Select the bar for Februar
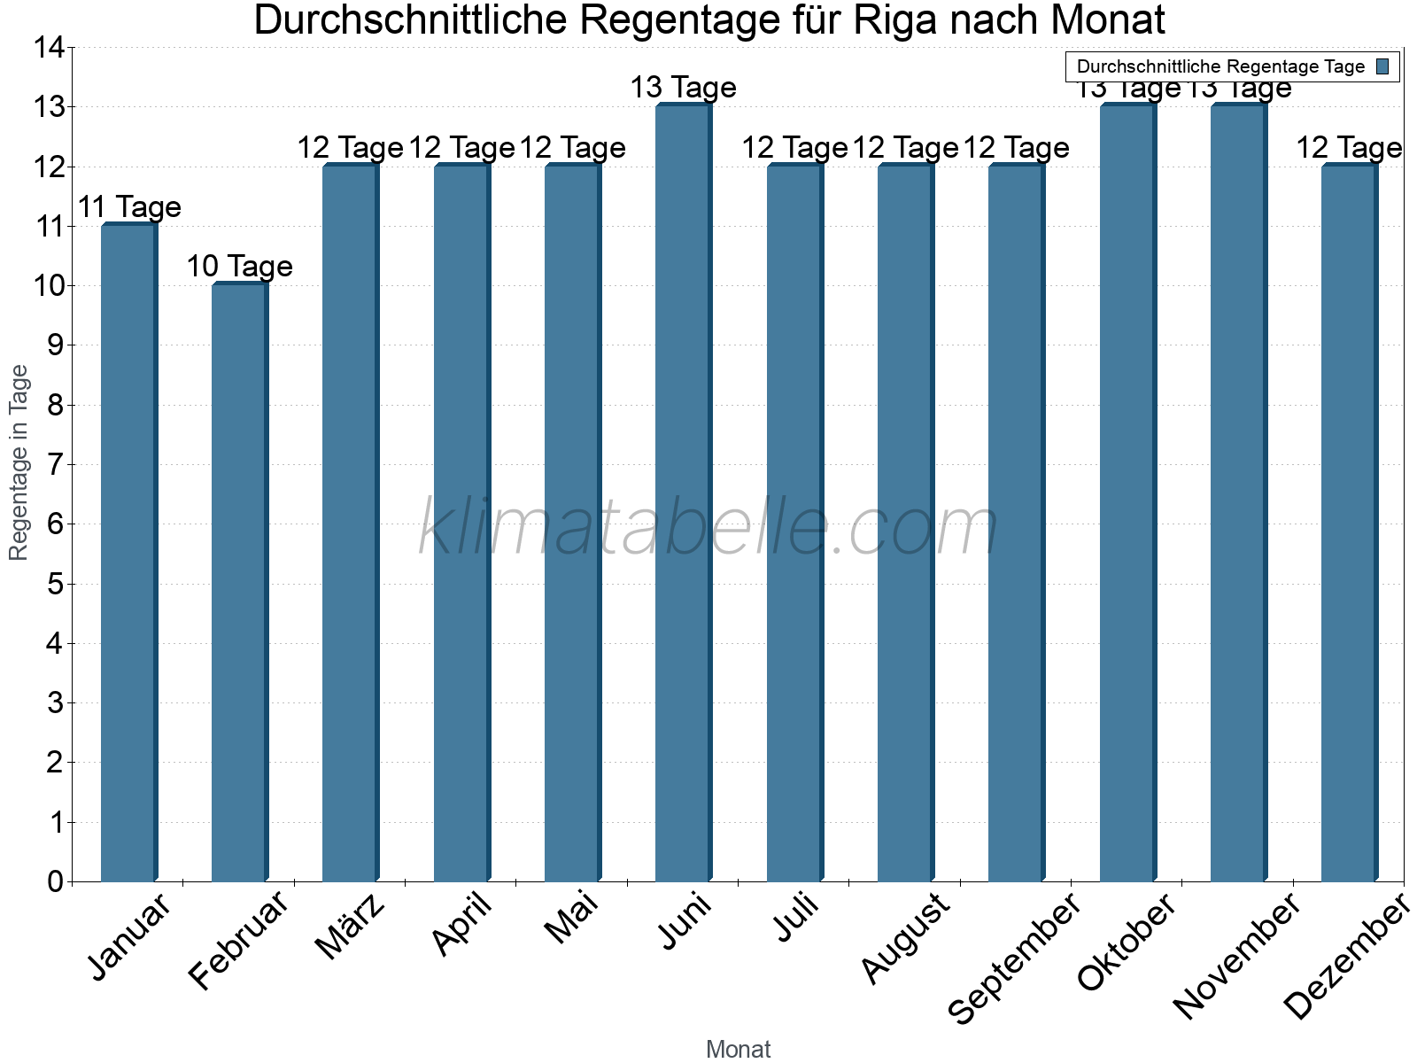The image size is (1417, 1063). tap(239, 585)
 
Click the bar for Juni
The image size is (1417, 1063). tap(683, 496)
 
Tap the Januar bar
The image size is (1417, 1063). tap(128, 554)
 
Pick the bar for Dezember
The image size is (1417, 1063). tap(1349, 523)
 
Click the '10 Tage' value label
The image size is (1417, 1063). tap(239, 266)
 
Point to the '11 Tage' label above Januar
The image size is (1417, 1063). tap(129, 206)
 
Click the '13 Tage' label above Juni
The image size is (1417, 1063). tap(683, 87)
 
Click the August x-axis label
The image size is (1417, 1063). tap(906, 939)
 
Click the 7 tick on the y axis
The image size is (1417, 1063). tap(55, 464)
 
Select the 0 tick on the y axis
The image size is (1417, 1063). tap(55, 881)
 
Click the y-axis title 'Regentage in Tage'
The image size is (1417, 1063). tap(19, 462)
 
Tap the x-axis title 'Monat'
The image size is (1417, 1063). tap(738, 1049)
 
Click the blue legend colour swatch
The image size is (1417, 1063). tap(1382, 66)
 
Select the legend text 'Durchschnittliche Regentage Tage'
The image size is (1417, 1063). tap(1220, 66)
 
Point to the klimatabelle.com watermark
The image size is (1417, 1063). tap(708, 528)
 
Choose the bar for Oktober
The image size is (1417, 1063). tap(1127, 496)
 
